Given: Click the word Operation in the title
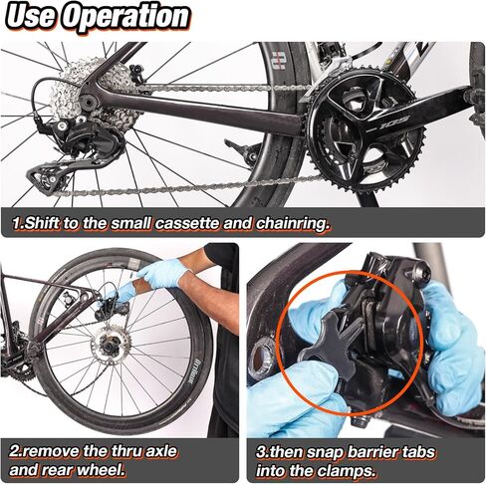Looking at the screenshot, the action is [126, 17].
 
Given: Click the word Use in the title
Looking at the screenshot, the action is [32, 16].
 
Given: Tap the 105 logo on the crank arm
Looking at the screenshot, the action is [394, 122].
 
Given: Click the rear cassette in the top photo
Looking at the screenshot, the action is [94, 91].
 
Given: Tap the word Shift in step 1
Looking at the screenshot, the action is [41, 223].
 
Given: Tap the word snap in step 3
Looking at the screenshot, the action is [325, 453].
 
